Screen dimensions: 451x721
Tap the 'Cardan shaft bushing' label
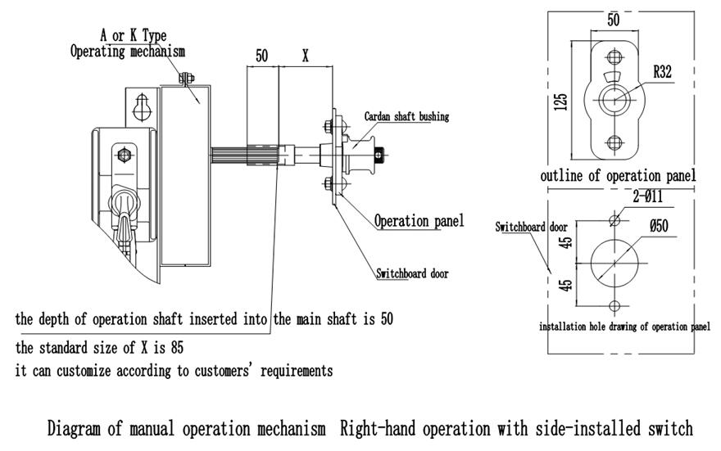406,117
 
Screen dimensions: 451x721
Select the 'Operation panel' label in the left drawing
419,221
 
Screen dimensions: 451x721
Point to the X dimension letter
305,56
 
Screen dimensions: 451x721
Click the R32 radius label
663,72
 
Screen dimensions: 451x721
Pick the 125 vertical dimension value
561,101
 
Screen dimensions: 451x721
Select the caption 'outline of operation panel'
618,176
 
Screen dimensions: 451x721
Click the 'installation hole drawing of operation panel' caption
624,326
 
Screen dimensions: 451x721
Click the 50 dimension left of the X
261,56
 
